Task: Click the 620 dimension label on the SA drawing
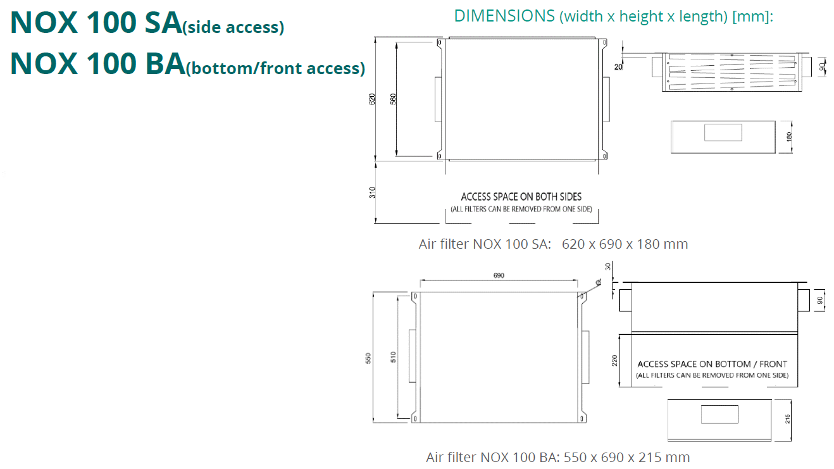tap(372, 99)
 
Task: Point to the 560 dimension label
tap(393, 99)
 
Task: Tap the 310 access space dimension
tap(372, 192)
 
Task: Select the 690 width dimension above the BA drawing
tap(499, 275)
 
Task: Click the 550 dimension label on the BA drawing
tap(368, 358)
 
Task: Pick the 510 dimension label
tap(393, 357)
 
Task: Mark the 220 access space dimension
tap(614, 361)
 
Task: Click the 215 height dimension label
tap(787, 419)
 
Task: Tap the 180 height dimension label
tap(788, 137)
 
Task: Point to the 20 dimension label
tap(618, 66)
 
